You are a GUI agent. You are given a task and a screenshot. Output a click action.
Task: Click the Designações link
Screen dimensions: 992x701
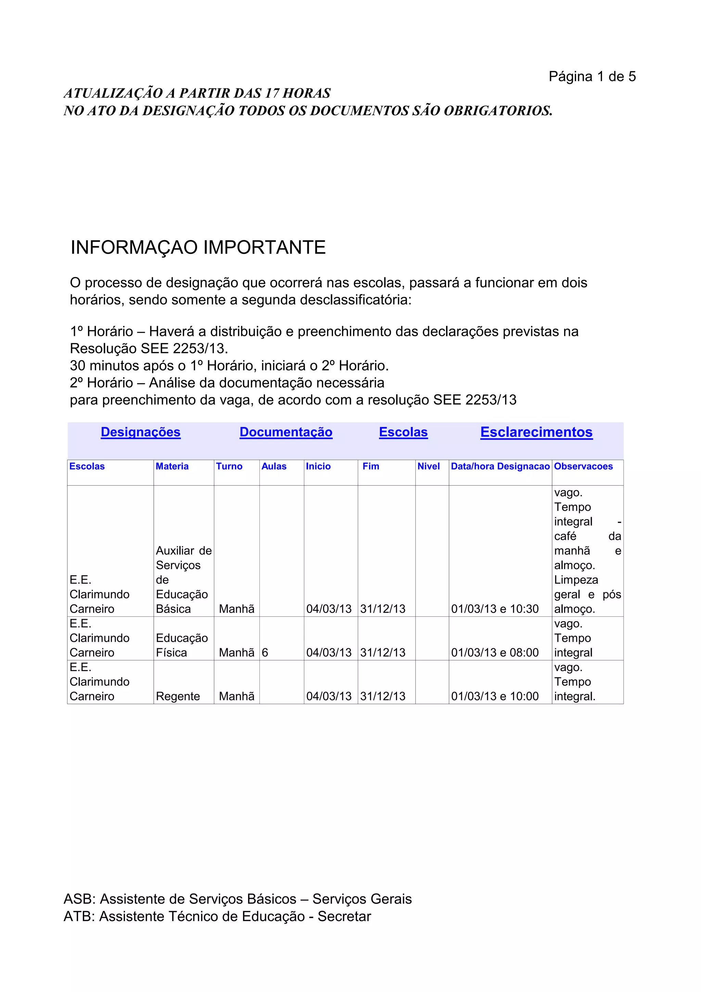coord(140,432)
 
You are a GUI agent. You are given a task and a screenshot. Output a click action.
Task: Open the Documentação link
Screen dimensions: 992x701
coord(286,432)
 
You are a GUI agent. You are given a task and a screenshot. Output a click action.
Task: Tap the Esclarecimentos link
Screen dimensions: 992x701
coord(536,432)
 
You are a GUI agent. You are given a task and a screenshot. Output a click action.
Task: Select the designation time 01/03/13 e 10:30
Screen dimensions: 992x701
coord(495,609)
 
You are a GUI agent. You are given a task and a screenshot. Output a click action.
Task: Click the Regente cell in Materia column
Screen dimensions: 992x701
coord(178,696)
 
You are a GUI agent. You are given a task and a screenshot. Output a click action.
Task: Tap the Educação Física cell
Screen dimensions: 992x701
coord(181,645)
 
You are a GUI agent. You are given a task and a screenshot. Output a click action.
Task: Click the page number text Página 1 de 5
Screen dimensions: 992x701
coord(592,76)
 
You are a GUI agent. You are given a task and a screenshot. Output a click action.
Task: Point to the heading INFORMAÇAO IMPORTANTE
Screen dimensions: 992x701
coord(198,248)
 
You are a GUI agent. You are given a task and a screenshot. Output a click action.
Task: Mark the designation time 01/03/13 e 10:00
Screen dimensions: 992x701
coord(495,696)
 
